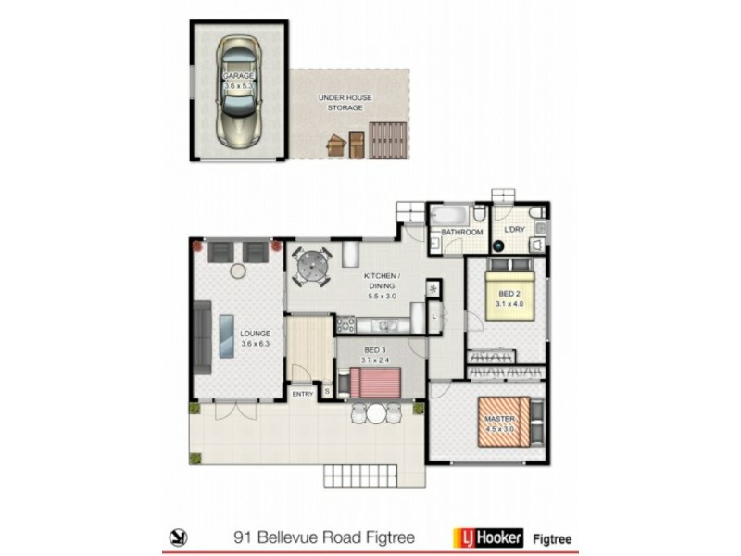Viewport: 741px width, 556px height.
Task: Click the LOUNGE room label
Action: pos(254,338)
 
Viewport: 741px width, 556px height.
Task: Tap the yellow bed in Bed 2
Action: pos(509,295)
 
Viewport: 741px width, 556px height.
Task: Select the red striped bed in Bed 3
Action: pos(375,382)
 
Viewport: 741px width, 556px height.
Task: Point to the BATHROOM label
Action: pos(461,233)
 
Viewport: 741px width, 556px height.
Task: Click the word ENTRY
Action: pos(303,395)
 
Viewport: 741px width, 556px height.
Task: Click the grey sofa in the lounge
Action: pos(202,338)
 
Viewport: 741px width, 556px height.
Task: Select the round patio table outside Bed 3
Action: pos(375,414)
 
